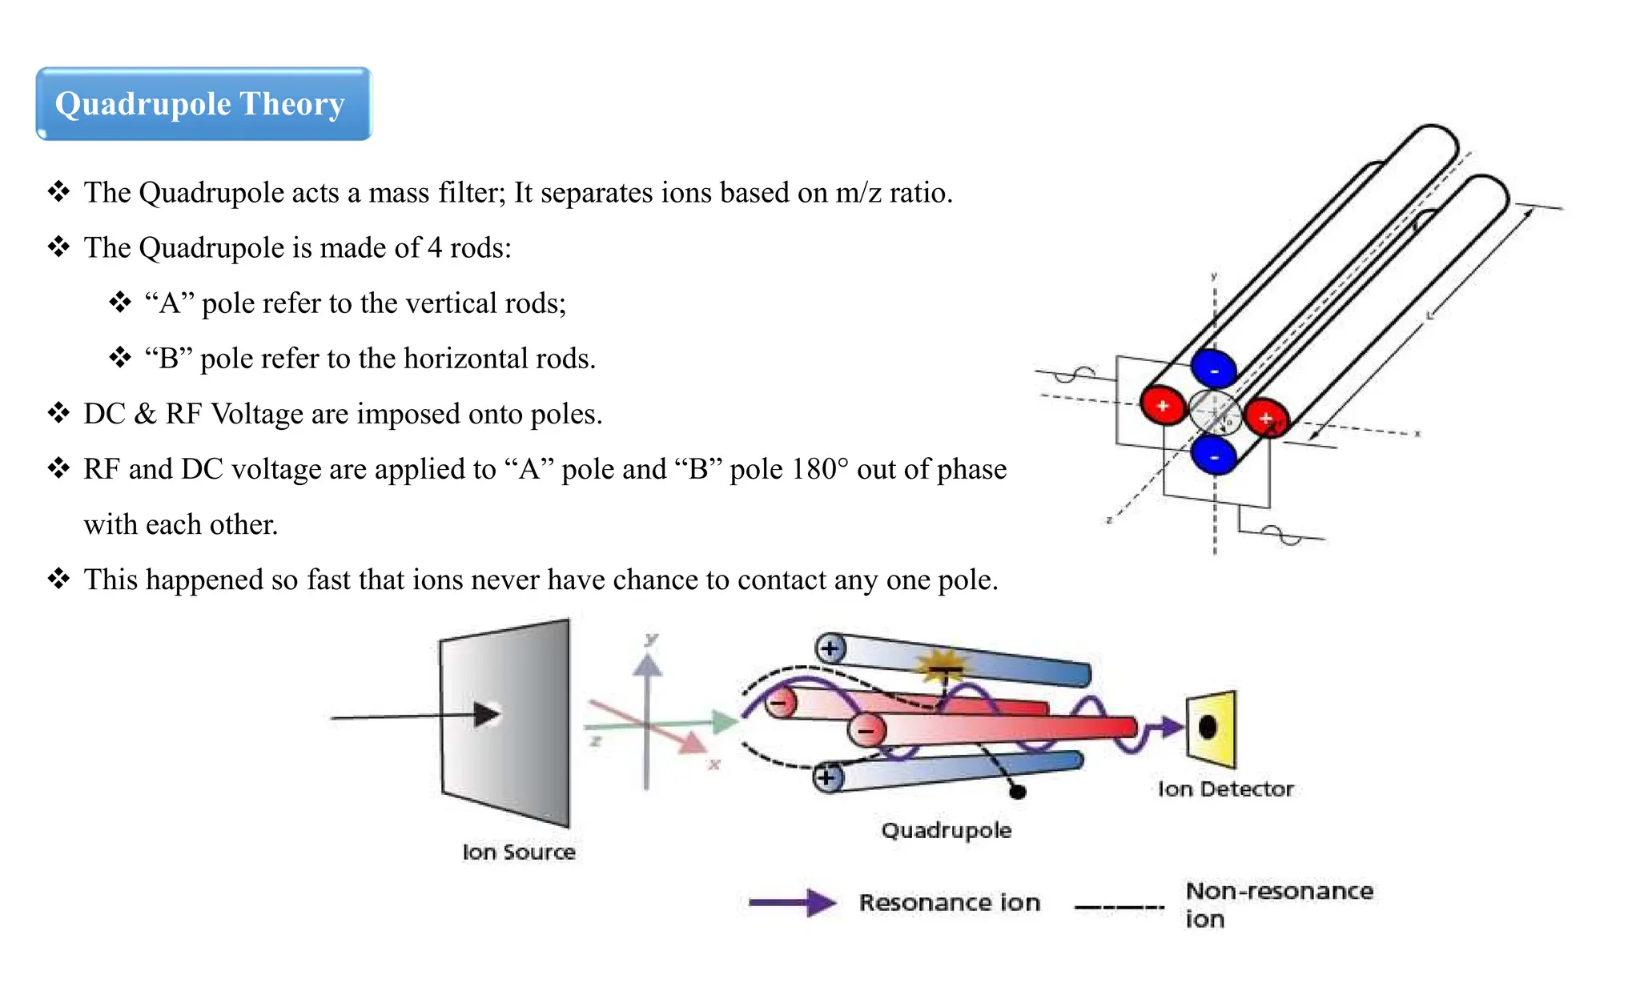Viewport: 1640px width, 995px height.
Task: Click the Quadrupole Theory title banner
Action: (x=203, y=104)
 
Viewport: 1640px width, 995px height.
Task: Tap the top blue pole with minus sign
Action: (x=1214, y=369)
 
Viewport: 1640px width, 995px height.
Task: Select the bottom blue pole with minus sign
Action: (x=1214, y=456)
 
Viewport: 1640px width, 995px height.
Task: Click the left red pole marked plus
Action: (x=1163, y=405)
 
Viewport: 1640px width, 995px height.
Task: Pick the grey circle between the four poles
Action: (x=1214, y=413)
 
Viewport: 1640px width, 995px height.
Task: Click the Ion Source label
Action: (x=518, y=852)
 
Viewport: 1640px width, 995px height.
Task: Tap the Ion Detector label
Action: (x=1225, y=789)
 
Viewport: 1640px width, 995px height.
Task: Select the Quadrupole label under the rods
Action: (x=946, y=830)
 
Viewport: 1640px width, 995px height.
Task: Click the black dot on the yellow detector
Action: (x=1208, y=727)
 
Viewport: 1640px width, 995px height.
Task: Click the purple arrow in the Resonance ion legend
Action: (x=792, y=903)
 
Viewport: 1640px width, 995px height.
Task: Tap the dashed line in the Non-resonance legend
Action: (x=1119, y=907)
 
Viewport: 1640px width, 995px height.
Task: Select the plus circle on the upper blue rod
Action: (x=830, y=648)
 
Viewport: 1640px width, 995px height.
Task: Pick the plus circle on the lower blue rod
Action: (x=827, y=776)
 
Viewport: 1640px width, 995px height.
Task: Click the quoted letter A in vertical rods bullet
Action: (x=169, y=303)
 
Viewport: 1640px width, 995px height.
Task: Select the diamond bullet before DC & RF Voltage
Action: (x=58, y=413)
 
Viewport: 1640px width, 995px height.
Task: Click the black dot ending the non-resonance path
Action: (x=1018, y=792)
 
